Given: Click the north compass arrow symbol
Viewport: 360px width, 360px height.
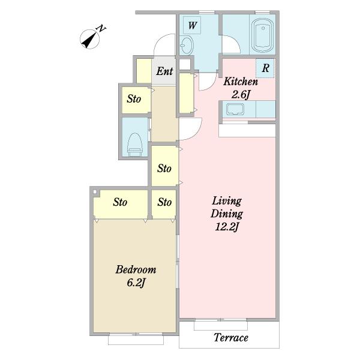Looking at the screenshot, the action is click(x=90, y=39).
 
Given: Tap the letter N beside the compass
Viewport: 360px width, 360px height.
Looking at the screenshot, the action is click(x=101, y=28).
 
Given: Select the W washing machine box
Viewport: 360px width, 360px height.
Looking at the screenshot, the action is click(x=192, y=25).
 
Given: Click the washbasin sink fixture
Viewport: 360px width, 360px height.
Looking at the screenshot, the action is click(x=187, y=45).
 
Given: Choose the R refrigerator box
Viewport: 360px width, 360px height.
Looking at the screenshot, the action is click(x=265, y=68).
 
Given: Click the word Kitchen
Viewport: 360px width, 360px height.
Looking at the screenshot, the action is click(x=241, y=82).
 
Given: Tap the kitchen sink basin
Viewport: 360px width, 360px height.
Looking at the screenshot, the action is click(x=235, y=109).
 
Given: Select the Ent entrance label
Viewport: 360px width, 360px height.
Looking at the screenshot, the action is click(x=164, y=71).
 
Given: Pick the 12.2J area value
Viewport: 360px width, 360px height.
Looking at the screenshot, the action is click(x=227, y=227).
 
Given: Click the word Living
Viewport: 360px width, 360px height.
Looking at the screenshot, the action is click(x=227, y=202).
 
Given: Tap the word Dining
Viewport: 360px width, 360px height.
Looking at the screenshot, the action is click(x=227, y=214).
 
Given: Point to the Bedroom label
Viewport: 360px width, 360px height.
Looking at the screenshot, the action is click(x=136, y=269).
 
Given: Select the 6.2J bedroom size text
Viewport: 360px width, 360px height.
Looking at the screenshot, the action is click(x=136, y=283).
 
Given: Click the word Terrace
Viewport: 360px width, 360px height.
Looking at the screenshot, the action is click(x=231, y=337).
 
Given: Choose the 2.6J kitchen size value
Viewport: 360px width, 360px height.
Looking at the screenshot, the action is click(x=241, y=95).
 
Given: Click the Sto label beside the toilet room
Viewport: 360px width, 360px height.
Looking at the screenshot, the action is click(x=134, y=99).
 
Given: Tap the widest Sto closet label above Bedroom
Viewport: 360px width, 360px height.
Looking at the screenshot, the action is click(x=120, y=202).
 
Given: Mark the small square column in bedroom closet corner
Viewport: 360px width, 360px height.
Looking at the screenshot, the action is click(x=95, y=192).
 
